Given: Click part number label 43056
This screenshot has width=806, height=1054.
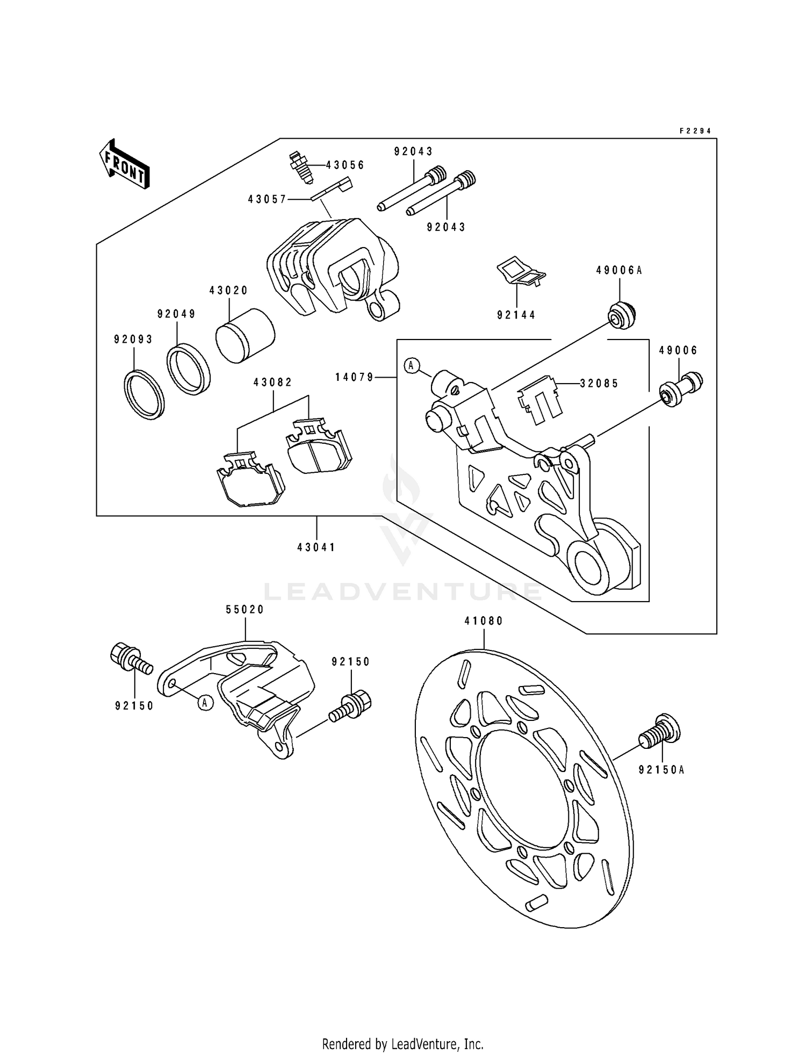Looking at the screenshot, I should tap(345, 165).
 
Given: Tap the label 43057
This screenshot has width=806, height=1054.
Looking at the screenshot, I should tap(267, 199).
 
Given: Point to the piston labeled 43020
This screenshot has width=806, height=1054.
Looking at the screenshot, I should tap(245, 336).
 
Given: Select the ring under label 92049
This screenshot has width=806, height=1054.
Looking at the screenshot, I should tap(188, 370).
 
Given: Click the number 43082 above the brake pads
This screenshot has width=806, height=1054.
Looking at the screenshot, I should tap(273, 382).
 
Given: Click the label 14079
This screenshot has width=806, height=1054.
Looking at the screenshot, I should tap(354, 378).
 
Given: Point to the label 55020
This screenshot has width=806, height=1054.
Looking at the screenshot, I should tap(245, 609).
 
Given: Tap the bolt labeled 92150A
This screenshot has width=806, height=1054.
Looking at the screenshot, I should tap(661, 731).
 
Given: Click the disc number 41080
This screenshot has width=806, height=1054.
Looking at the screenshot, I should tap(484, 621).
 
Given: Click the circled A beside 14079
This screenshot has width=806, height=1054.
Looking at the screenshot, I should tap(411, 366).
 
